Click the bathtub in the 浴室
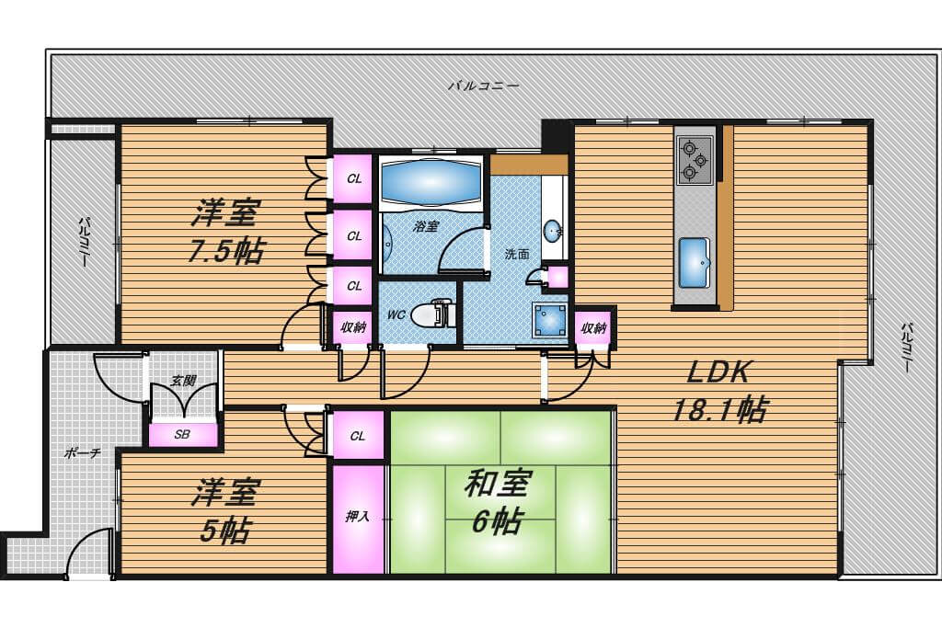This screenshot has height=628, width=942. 431,183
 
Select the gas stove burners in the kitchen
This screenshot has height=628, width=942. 695,160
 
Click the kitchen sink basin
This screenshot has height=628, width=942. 694,263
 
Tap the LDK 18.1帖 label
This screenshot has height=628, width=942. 718,392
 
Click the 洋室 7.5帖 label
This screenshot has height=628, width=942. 224,231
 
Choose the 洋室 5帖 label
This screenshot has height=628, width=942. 224,510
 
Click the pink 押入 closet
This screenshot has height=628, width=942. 358,519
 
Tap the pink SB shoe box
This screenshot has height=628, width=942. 183,435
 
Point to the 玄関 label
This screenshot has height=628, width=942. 183,381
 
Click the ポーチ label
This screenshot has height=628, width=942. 82,453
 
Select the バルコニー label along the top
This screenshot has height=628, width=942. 483,86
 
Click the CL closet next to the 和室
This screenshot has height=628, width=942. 358,436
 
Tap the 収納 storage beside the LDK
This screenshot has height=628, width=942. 593,328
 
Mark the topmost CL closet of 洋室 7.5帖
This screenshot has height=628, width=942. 354,179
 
